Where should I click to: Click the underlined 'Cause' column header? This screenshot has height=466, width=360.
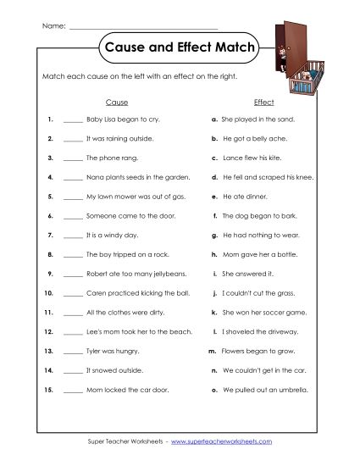117,102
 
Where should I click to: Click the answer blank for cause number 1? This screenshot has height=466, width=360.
72,121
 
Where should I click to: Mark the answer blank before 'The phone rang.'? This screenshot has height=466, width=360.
72,158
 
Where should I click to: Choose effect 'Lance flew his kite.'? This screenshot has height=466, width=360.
254,158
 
